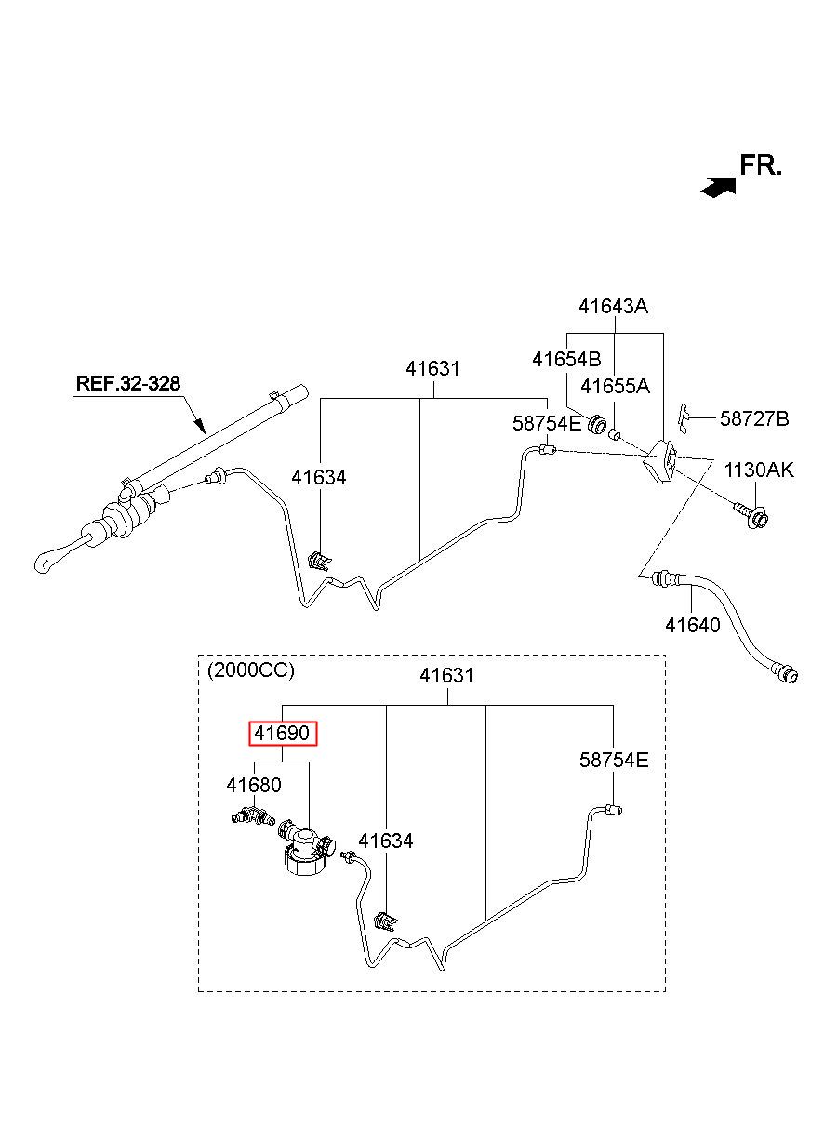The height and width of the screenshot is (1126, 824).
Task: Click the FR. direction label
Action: (760, 166)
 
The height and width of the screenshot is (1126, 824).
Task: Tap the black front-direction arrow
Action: (718, 187)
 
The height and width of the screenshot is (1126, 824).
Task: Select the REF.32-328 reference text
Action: (128, 383)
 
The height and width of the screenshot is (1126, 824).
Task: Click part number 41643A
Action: (613, 306)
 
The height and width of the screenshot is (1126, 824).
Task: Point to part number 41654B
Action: (566, 360)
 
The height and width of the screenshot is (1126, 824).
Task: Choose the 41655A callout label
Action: (616, 387)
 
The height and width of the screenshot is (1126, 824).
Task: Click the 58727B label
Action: (754, 418)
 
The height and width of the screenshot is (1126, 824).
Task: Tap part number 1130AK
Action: (759, 470)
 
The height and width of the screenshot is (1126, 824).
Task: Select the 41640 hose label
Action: (693, 626)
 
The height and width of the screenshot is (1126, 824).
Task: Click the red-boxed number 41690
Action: (283, 734)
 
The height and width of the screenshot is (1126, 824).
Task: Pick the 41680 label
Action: (254, 785)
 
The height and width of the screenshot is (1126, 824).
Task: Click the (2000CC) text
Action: (251, 670)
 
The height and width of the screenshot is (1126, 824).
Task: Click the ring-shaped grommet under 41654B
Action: (597, 425)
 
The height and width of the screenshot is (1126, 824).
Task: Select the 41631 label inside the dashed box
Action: (447, 676)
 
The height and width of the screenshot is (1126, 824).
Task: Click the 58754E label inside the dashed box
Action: (614, 760)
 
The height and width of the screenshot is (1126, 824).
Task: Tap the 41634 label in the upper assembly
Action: (319, 478)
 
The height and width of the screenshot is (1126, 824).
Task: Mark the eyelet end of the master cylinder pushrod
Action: (42, 563)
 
